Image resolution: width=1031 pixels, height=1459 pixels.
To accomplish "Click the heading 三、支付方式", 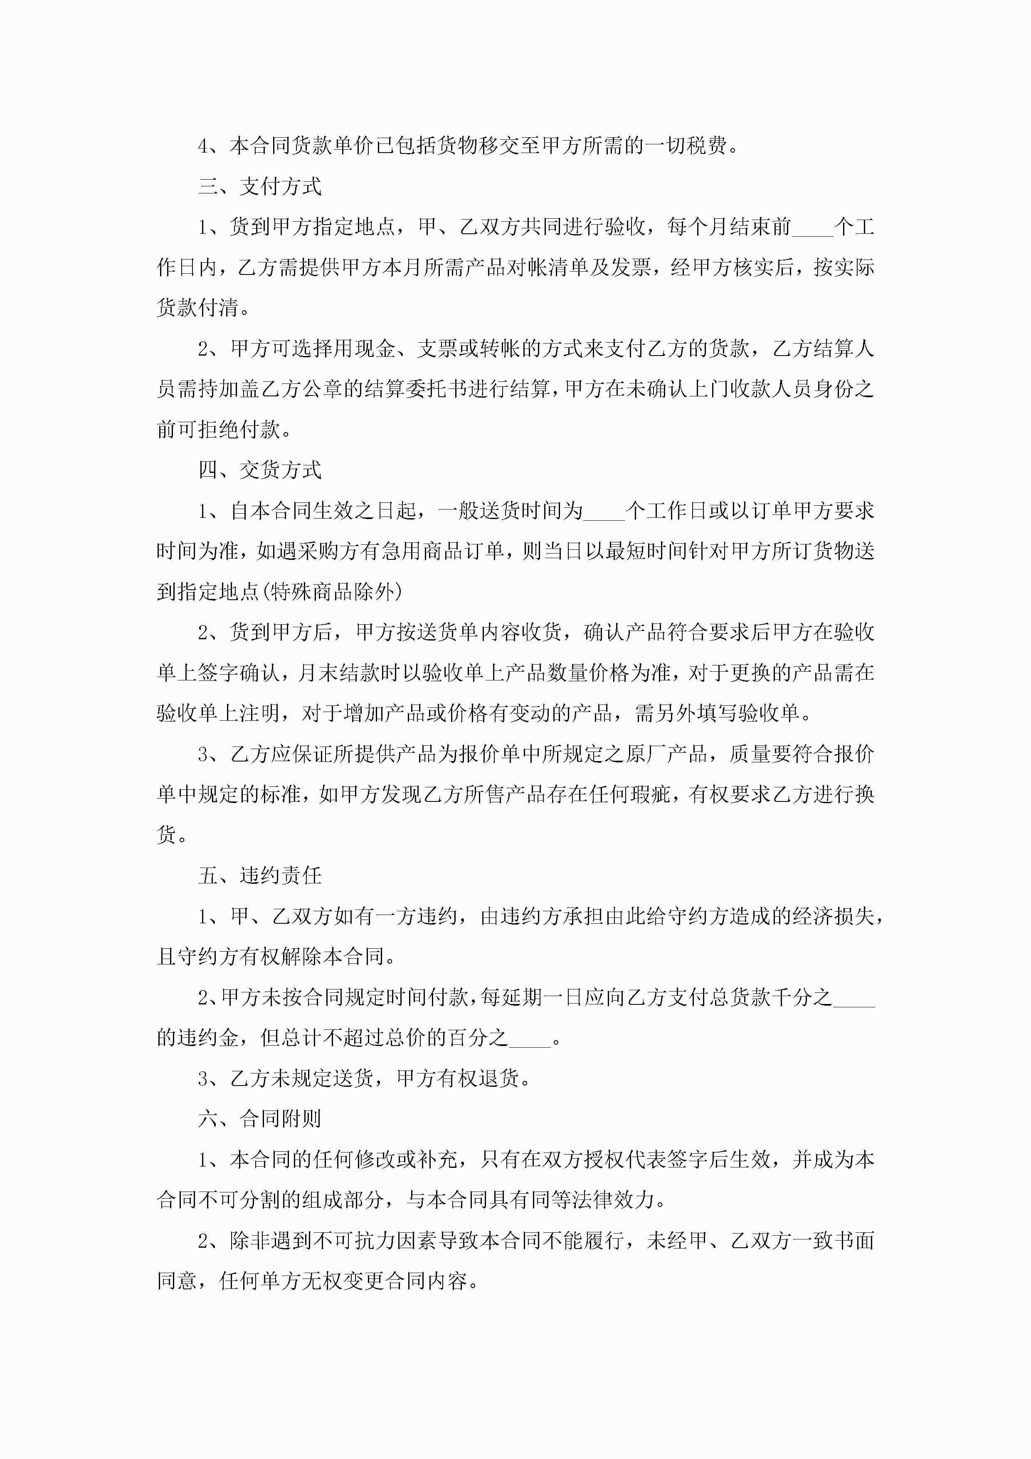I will (260, 186).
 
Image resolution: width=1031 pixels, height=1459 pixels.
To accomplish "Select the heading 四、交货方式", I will (260, 470).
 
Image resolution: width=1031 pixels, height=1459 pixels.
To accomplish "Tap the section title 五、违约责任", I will (260, 875).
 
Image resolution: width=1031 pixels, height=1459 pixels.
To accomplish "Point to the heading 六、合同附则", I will (260, 1119).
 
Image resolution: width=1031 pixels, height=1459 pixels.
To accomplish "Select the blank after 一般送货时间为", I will (604, 512).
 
